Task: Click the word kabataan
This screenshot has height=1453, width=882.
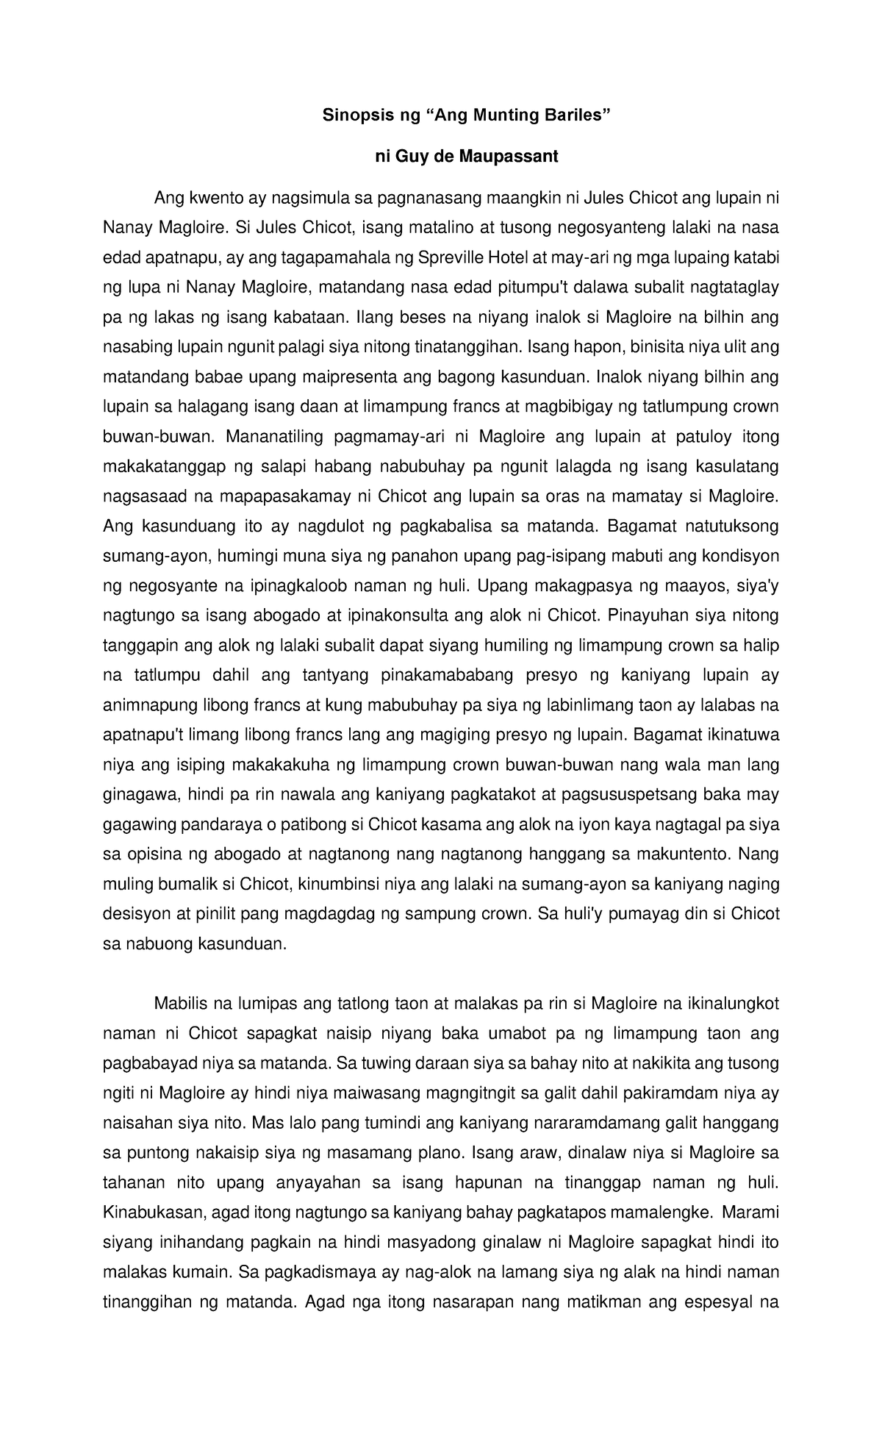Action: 308,317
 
